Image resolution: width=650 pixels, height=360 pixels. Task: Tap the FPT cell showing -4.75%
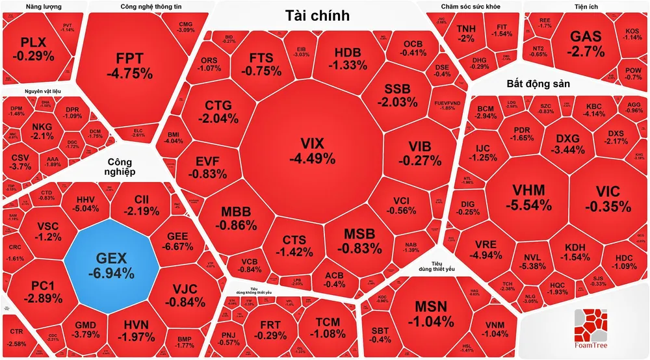[129, 64]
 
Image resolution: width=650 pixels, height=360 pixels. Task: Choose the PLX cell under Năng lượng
[37, 49]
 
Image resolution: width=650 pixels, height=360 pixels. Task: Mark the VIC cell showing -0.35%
[608, 199]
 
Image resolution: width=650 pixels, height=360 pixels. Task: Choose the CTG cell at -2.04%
[218, 112]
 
